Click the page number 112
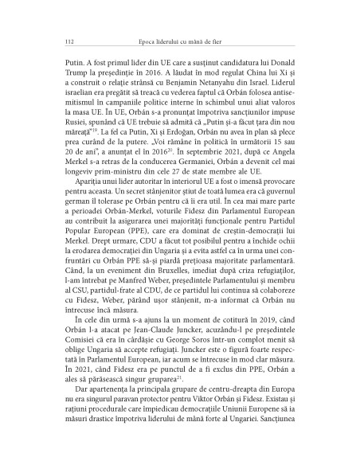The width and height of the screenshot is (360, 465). click(x=56, y=40)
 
